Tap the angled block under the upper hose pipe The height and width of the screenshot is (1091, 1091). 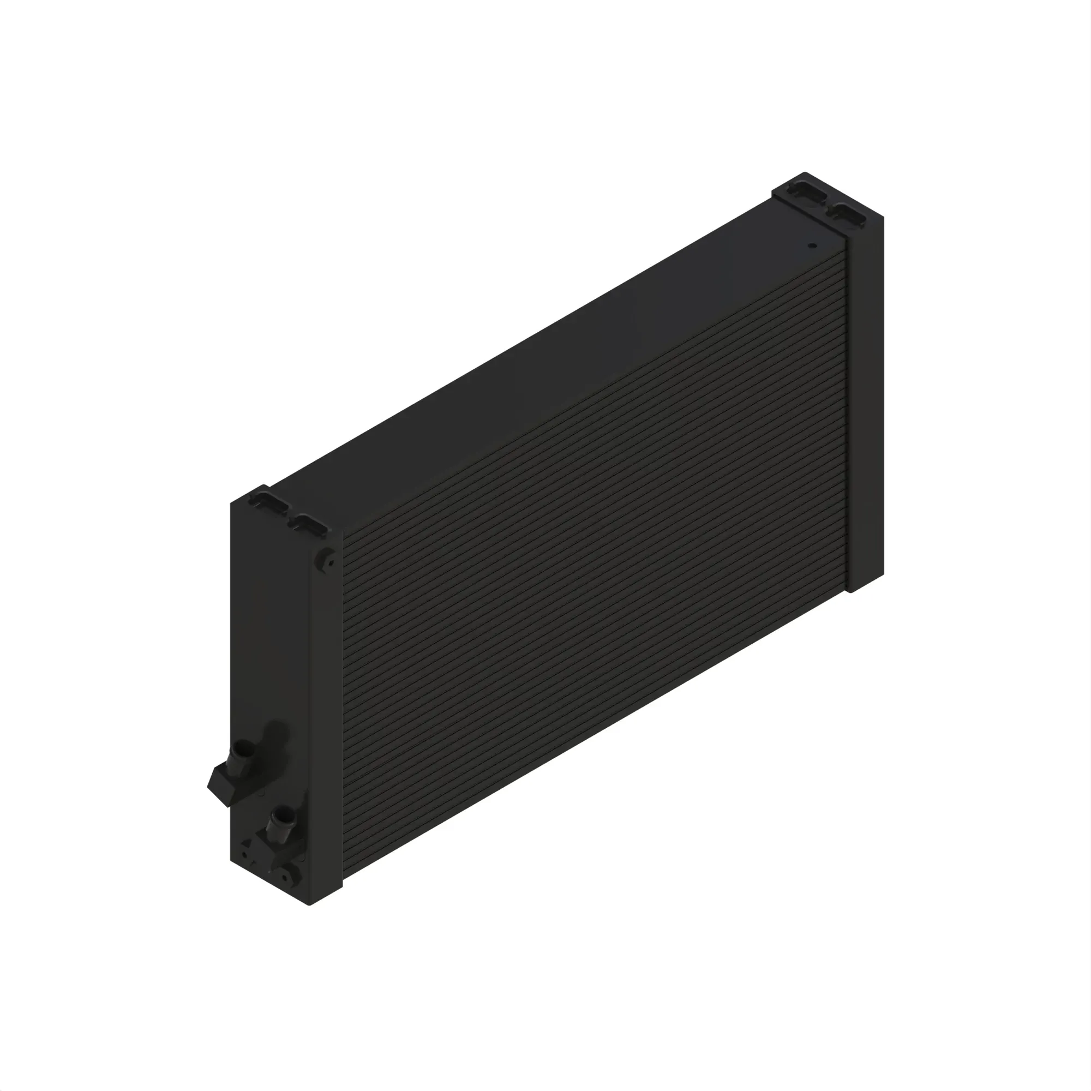(x=221, y=785)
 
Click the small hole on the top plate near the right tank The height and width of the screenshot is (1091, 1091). (x=812, y=245)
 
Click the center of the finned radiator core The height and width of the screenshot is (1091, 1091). (x=593, y=565)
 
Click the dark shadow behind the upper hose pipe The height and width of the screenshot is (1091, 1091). (x=277, y=734)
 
